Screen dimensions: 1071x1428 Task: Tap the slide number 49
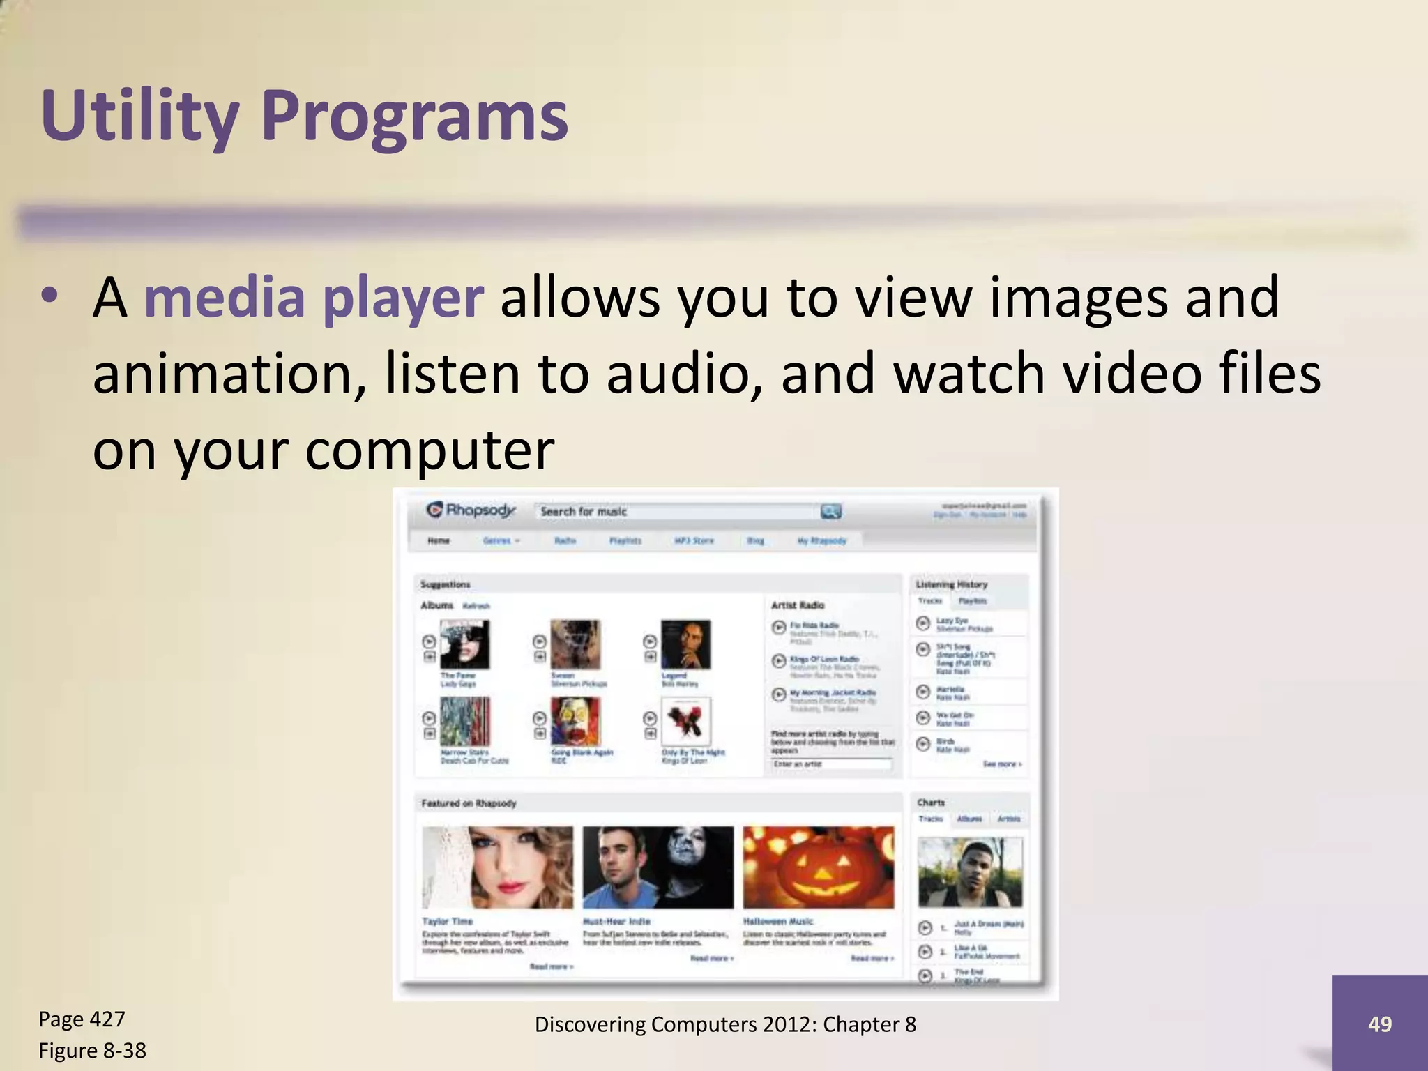pos(1379,1024)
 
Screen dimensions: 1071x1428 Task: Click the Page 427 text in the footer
pos(82,1019)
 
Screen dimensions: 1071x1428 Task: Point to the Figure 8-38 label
pos(92,1050)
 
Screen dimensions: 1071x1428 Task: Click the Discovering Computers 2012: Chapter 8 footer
pos(725,1024)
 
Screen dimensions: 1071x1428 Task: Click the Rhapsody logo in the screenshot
pos(471,510)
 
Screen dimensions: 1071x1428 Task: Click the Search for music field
pos(676,511)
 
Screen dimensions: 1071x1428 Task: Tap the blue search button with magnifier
pos(830,511)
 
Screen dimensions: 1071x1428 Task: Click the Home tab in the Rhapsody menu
pos(439,540)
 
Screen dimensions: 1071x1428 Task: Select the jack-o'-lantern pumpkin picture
pos(818,867)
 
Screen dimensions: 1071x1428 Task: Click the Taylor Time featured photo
pos(497,867)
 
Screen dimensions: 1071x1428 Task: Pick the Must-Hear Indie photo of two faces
pos(658,867)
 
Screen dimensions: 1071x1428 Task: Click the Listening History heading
pos(951,584)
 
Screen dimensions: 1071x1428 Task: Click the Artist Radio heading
pos(797,605)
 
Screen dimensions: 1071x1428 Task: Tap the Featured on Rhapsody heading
pos(469,803)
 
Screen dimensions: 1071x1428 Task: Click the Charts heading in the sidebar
pos(931,803)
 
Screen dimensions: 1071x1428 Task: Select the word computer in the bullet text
pos(429,450)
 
